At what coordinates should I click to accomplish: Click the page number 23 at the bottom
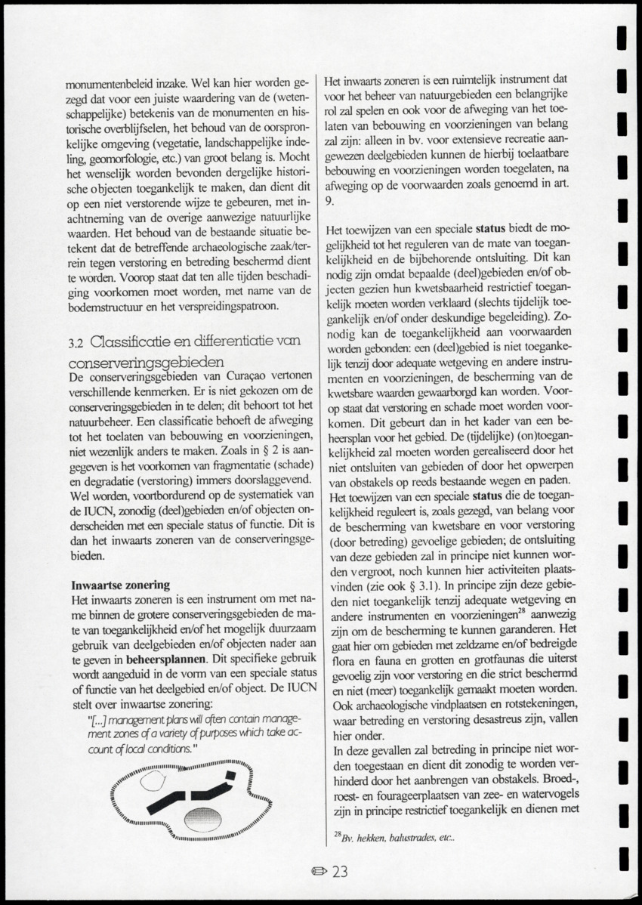[x=340, y=871]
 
